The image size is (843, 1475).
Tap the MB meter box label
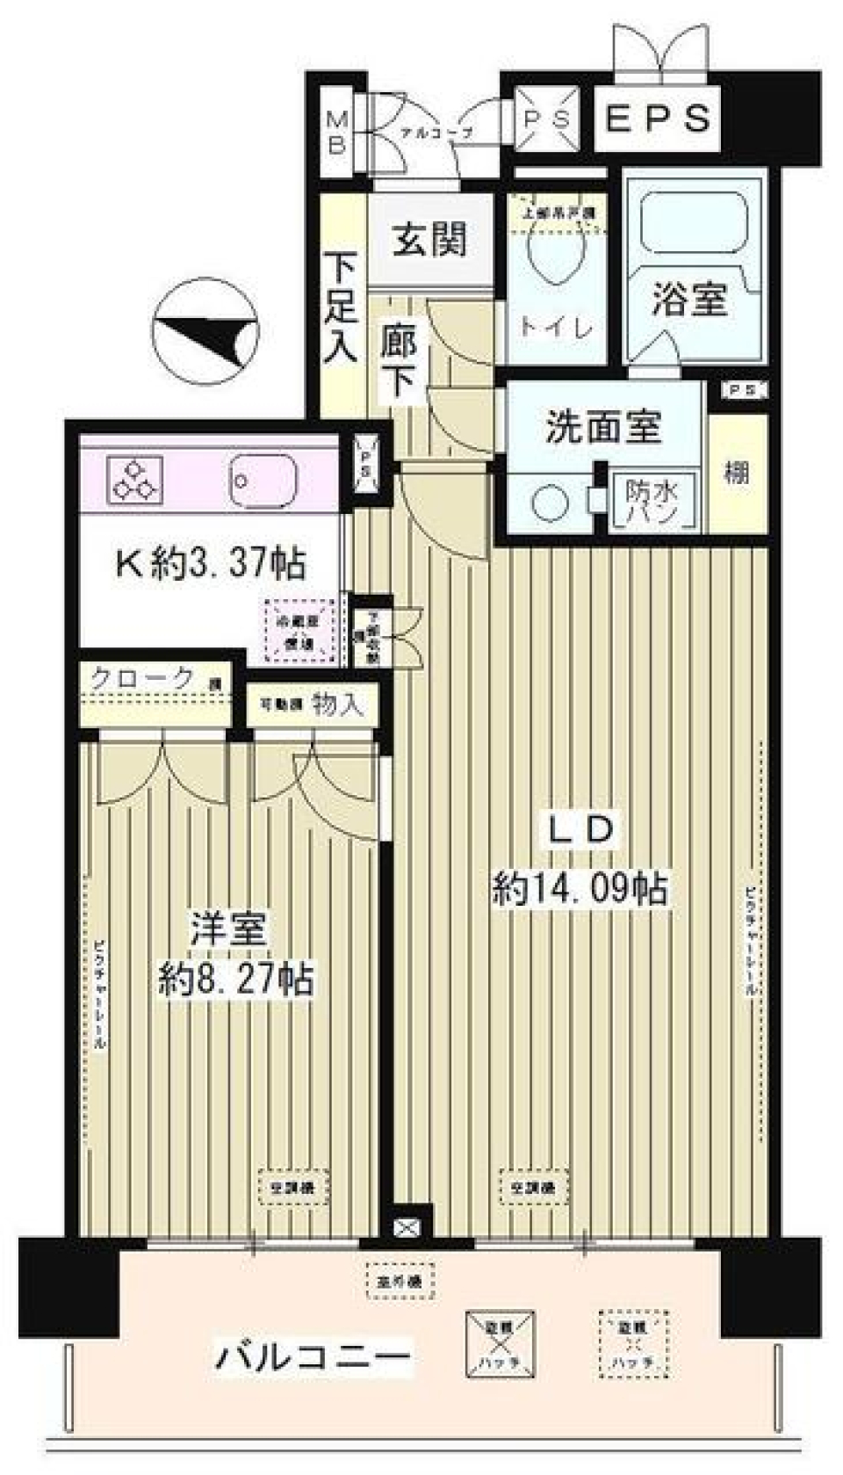336,132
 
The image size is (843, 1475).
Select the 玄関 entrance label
429,239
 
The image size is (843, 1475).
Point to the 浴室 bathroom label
689,300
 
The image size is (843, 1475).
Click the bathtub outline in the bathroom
694,221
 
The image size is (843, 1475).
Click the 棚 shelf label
736,473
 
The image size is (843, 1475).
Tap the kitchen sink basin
263,479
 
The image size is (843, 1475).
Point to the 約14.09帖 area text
580,889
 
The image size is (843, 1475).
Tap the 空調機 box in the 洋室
294,1188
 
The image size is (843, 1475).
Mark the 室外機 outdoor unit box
400,1282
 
